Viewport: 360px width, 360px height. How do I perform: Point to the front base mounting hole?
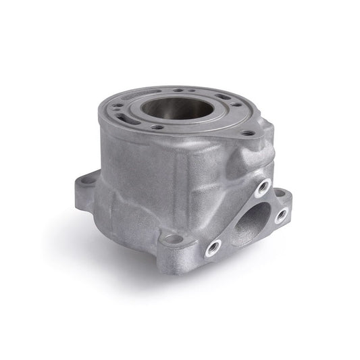[x=174, y=239]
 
